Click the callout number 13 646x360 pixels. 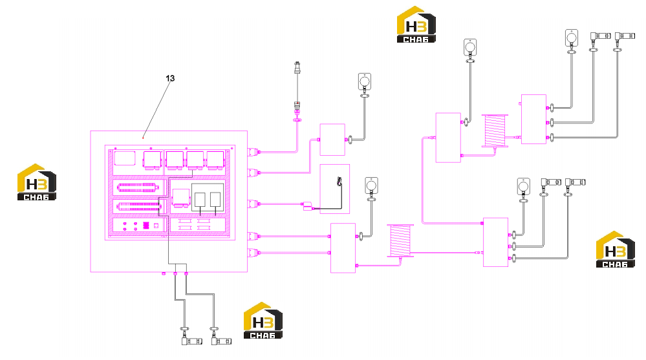coord(170,78)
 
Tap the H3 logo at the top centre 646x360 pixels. coord(416,25)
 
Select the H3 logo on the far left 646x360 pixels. coord(37,182)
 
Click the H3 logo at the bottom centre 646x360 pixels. coord(263,321)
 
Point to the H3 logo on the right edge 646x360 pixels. coord(615,249)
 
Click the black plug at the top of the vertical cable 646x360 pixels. coord(297,68)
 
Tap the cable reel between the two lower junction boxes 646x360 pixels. coord(400,241)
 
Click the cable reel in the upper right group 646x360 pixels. coord(495,131)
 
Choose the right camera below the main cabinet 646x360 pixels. coord(221,341)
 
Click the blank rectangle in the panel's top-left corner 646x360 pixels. coord(125,158)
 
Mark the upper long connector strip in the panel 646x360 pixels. coord(138,188)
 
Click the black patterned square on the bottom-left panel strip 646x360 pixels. coord(146,226)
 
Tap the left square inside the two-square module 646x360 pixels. coord(200,200)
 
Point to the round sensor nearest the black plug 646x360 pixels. coord(365,81)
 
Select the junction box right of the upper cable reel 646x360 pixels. coord(534,119)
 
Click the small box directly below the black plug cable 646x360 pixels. coord(332,140)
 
